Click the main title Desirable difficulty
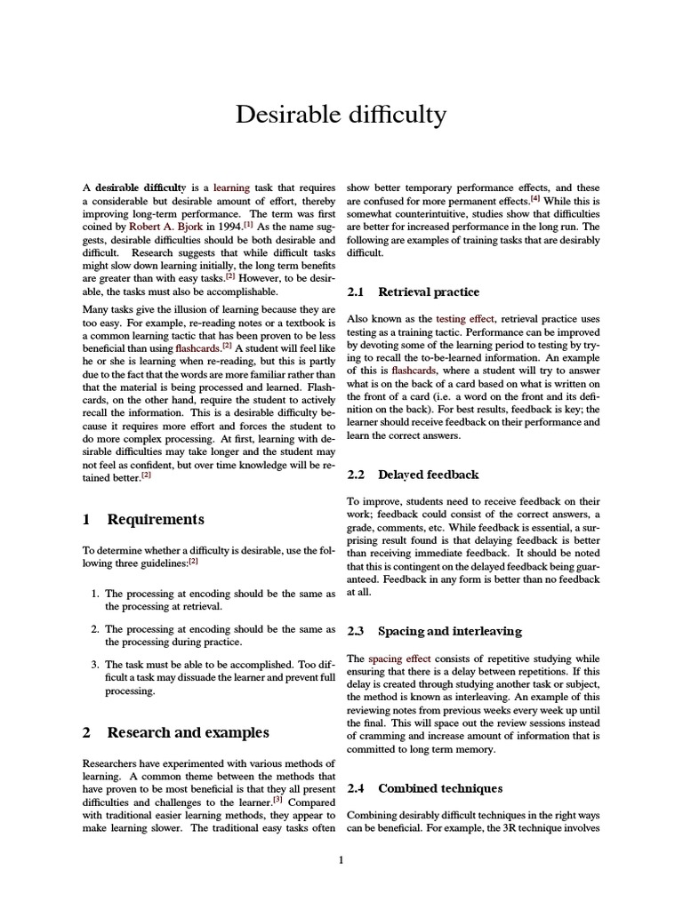[x=341, y=115]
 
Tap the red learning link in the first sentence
[x=232, y=188]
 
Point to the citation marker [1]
[x=249, y=224]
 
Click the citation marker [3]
[x=277, y=798]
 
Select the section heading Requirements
[x=156, y=519]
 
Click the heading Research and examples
[x=188, y=733]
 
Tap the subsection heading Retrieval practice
[x=428, y=291]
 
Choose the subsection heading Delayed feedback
[x=428, y=475]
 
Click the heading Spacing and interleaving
[x=449, y=631]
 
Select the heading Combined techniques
[x=440, y=788]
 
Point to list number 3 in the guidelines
[x=95, y=664]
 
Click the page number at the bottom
[x=341, y=859]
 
